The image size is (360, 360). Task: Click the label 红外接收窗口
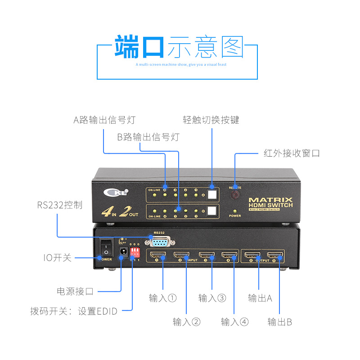point(291,153)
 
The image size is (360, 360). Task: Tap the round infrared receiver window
point(235,194)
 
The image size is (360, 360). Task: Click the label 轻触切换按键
point(211,120)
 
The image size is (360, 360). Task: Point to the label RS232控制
point(60,205)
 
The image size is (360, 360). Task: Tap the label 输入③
point(212,298)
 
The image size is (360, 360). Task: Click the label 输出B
point(279,322)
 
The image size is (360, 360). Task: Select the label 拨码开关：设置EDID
point(74,311)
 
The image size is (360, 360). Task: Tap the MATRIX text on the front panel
point(270,200)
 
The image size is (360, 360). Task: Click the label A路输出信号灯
point(104,120)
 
